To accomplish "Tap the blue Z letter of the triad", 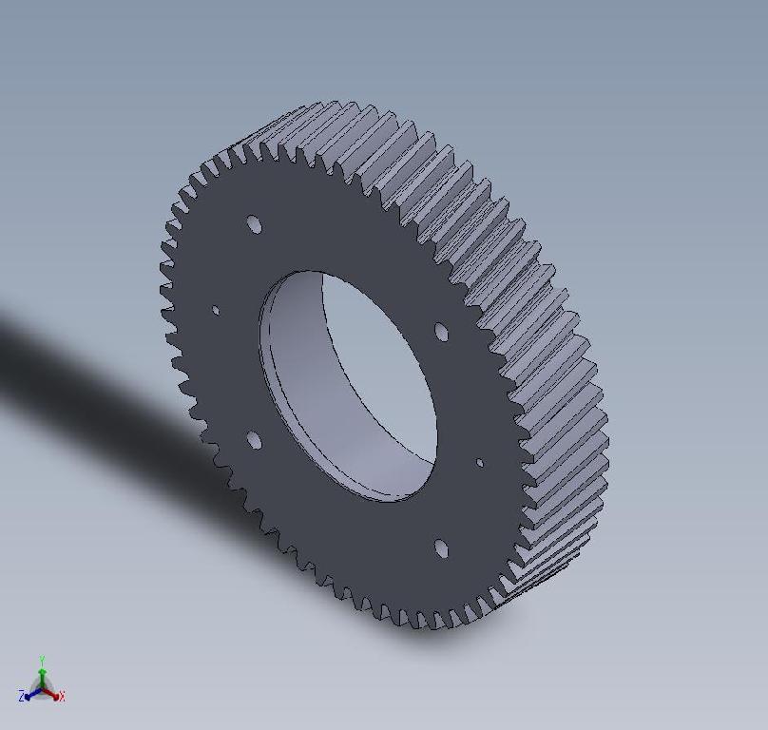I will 22,697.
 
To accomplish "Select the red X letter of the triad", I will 62,697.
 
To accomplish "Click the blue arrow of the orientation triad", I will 31,693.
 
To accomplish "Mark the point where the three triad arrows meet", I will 42,687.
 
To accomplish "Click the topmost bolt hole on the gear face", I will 254,224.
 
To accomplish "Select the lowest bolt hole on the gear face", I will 441,548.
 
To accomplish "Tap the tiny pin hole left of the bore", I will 216,310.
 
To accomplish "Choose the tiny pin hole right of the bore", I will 479,463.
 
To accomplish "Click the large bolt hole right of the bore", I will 441,332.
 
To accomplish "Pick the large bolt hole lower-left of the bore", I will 254,440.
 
